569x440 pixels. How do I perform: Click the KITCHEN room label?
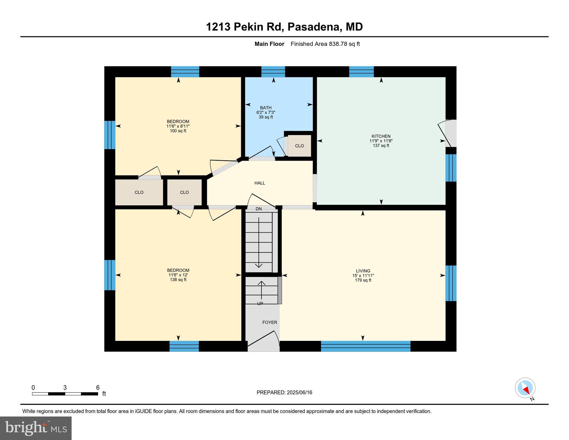(x=381, y=136)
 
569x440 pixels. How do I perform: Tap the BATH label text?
(x=266, y=108)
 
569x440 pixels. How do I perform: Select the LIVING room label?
(x=363, y=271)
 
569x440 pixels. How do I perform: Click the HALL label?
(x=260, y=183)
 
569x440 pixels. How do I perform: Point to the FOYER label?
(x=270, y=323)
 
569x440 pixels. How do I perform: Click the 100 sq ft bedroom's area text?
(x=178, y=131)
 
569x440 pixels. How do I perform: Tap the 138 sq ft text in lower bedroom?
(x=178, y=280)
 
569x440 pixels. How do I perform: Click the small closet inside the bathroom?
(x=299, y=146)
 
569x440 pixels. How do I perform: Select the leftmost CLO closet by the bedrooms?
(x=139, y=192)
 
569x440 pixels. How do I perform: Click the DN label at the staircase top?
(x=259, y=209)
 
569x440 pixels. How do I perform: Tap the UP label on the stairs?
(x=260, y=304)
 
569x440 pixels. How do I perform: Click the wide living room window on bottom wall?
(x=365, y=346)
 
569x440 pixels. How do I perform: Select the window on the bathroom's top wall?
(x=273, y=72)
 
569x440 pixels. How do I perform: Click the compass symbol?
(x=525, y=388)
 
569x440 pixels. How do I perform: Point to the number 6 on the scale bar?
(x=98, y=388)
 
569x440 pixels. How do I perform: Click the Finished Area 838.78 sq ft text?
(x=325, y=44)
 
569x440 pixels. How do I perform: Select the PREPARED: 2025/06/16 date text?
(x=284, y=393)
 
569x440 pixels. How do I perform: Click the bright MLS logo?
(x=36, y=428)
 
